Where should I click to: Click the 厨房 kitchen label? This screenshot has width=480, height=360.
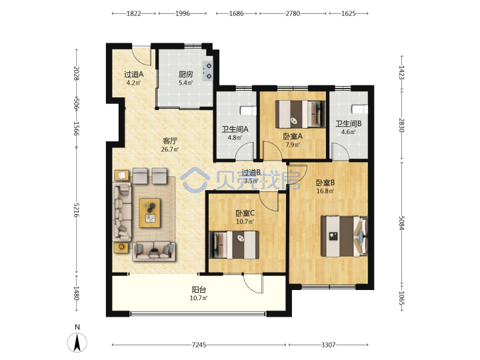pyautogui.click(x=186, y=74)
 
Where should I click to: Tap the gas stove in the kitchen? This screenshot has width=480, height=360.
pyautogui.click(x=208, y=71)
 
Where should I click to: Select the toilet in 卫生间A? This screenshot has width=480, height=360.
pyautogui.click(x=248, y=111)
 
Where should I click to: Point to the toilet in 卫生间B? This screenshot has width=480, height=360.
pyautogui.click(x=360, y=109)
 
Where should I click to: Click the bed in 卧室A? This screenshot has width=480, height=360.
pyautogui.click(x=300, y=114)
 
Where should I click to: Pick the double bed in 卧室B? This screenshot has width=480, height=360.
pyautogui.click(x=344, y=236)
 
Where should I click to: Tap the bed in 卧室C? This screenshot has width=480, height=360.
pyautogui.click(x=234, y=245)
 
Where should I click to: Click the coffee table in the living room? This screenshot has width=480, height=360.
pyautogui.click(x=150, y=213)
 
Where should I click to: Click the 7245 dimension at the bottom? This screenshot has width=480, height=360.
pyautogui.click(x=199, y=345)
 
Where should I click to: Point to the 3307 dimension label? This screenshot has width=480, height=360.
pyautogui.click(x=328, y=345)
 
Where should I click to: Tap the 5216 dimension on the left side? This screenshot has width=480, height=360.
pyautogui.click(x=77, y=210)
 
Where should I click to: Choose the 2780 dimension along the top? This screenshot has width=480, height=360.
pyautogui.click(x=293, y=13)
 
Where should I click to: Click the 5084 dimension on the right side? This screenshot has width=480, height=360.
pyautogui.click(x=401, y=223)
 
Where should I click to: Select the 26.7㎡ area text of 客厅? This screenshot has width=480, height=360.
pyautogui.click(x=170, y=149)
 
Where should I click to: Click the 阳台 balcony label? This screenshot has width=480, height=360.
pyautogui.click(x=199, y=289)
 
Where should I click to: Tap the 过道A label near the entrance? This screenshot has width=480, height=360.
pyautogui.click(x=134, y=74)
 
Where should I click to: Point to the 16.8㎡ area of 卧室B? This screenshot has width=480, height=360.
pyautogui.click(x=325, y=191)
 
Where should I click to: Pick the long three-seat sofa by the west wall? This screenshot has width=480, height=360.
pyautogui.click(x=123, y=212)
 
